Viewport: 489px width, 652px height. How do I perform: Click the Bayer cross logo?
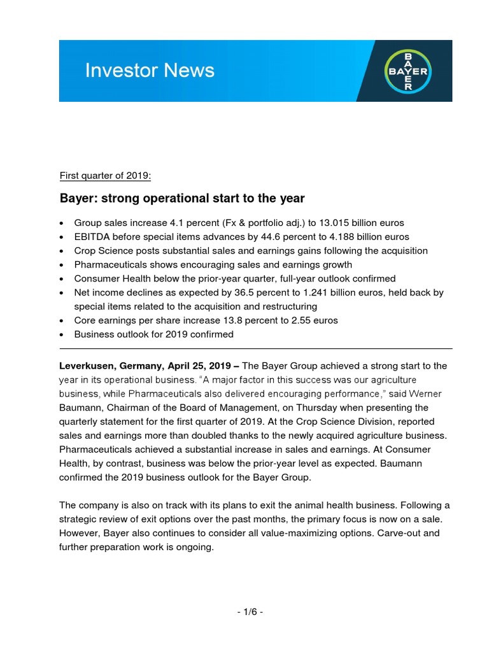pyautogui.click(x=408, y=71)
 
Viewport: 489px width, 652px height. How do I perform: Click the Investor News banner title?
pyautogui.click(x=150, y=70)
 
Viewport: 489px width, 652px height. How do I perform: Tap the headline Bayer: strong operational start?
pyautogui.click(x=182, y=199)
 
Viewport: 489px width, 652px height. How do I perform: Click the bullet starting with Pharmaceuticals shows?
pyautogui.click(x=213, y=264)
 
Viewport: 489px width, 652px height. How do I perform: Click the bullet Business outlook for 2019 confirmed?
pyautogui.click(x=153, y=334)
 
